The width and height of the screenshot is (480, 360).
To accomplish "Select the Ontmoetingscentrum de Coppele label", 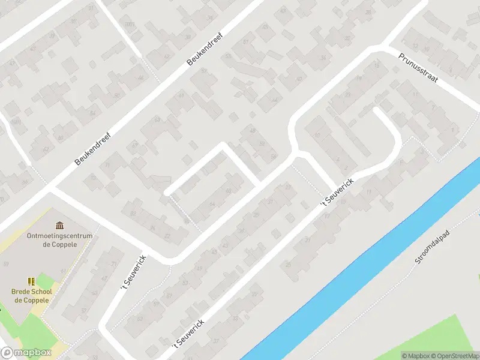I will point(59,240).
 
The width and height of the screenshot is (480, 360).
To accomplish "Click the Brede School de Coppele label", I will point(32,296).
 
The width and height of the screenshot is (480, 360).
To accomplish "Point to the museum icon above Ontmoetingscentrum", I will point(59,226).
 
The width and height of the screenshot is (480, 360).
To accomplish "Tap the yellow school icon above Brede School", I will point(32,281).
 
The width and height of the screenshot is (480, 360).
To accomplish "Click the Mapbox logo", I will point(25,352).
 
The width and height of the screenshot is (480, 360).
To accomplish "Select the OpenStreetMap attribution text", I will point(454,356).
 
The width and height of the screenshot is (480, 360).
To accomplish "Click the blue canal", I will point(360,258).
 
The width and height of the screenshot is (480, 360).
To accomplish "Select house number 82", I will point(133,213).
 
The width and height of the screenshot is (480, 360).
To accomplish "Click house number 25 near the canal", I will point(288,263).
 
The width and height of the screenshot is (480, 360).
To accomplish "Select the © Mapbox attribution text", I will point(416,356).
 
